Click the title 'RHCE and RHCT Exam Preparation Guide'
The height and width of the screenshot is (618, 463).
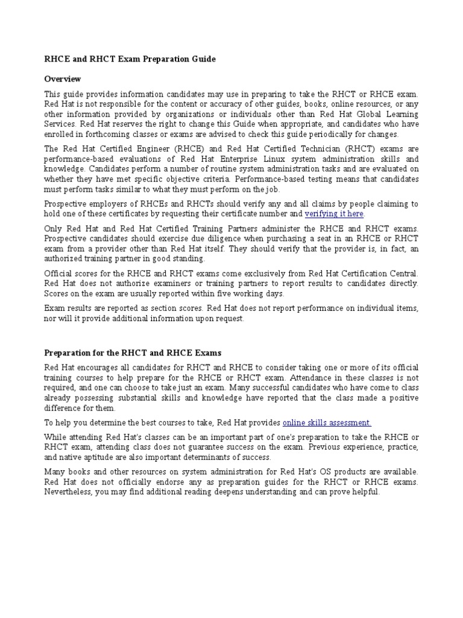[130, 59]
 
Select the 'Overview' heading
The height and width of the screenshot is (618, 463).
[63, 79]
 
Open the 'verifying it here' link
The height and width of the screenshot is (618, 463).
[335, 214]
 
